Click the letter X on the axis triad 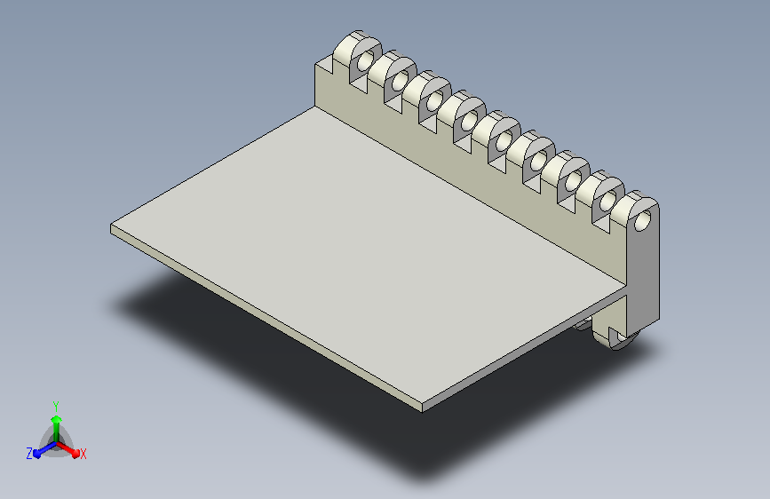[x=83, y=455]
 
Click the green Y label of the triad [x=56, y=407]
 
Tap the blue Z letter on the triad [x=29, y=454]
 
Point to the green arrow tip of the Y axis [x=57, y=419]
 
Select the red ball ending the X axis [x=75, y=454]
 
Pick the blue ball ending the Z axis [x=37, y=454]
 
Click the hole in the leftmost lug [x=365, y=61]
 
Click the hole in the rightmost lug [x=642, y=221]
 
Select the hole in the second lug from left [x=400, y=81]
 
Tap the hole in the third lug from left [x=434, y=101]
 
